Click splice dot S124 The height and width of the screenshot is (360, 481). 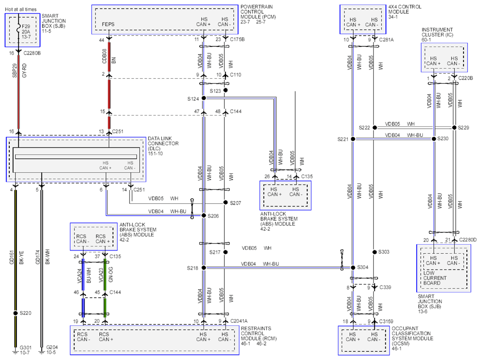[204, 98]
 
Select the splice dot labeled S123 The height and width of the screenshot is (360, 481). [225, 90]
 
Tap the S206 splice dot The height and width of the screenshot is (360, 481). [204, 215]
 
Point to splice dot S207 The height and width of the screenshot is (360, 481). [225, 202]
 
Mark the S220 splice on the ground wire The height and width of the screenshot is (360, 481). [15, 313]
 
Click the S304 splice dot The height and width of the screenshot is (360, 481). [353, 268]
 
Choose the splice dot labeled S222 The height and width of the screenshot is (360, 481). [375, 127]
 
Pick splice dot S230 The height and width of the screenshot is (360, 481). [434, 139]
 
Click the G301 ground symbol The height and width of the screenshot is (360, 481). [15, 351]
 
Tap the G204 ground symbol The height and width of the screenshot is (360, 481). [42, 351]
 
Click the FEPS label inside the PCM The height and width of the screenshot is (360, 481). [108, 24]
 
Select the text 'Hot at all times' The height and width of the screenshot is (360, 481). [21, 10]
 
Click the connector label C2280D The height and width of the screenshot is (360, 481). [468, 240]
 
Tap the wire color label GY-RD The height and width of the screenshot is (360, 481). [24, 70]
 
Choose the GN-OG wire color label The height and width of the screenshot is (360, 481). [111, 274]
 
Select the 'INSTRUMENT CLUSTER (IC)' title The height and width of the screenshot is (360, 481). [437, 32]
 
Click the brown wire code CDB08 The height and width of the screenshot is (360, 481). [104, 56]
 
